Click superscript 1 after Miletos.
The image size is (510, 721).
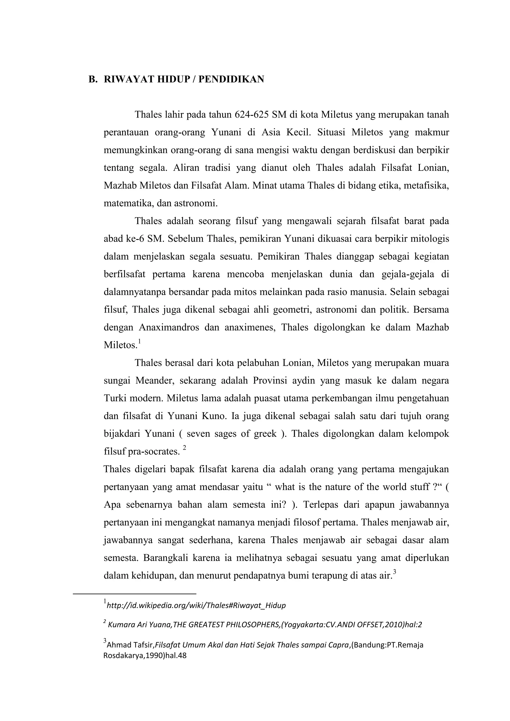coord(139,341)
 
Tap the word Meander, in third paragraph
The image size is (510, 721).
coord(154,381)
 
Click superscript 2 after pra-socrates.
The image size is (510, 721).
coord(184,448)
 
